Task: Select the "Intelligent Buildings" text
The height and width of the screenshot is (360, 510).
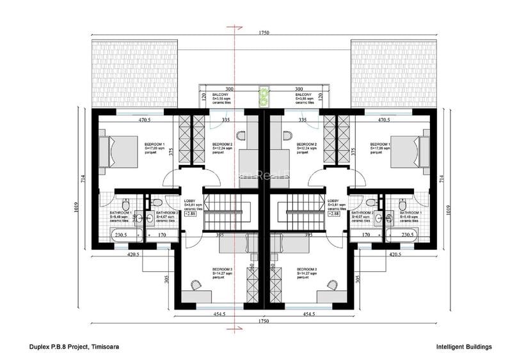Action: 463,347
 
